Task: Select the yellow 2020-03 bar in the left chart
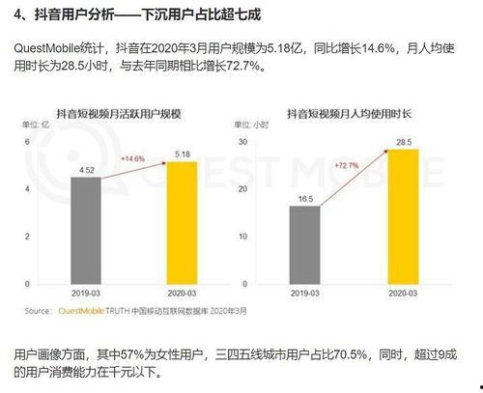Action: pyautogui.click(x=181, y=223)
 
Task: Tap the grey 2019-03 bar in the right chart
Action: pyautogui.click(x=304, y=242)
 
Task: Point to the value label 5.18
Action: pyautogui.click(x=181, y=154)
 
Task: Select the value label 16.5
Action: pyautogui.click(x=304, y=197)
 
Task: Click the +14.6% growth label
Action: pyautogui.click(x=132, y=157)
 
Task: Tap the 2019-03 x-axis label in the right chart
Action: pyautogui.click(x=304, y=291)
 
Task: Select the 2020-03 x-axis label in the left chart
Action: pyautogui.click(x=181, y=291)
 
